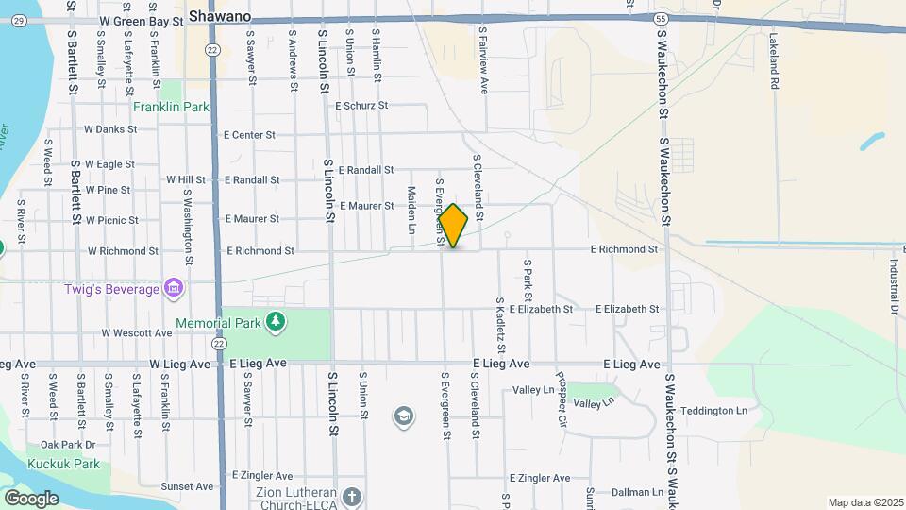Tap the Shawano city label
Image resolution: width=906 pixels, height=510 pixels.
[x=220, y=16]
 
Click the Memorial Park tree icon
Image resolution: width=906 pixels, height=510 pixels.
[x=275, y=323]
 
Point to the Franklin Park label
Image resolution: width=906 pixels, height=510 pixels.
[x=171, y=107]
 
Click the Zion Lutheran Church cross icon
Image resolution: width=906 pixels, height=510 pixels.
[x=352, y=497]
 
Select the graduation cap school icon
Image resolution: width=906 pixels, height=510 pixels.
[x=404, y=417]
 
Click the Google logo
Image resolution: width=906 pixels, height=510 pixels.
[x=31, y=498]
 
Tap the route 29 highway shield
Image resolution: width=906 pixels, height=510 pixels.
[x=21, y=20]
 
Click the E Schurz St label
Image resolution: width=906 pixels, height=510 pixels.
[x=361, y=106]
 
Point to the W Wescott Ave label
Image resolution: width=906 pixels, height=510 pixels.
[x=137, y=332]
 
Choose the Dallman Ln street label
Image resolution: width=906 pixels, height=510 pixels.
[x=637, y=492]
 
